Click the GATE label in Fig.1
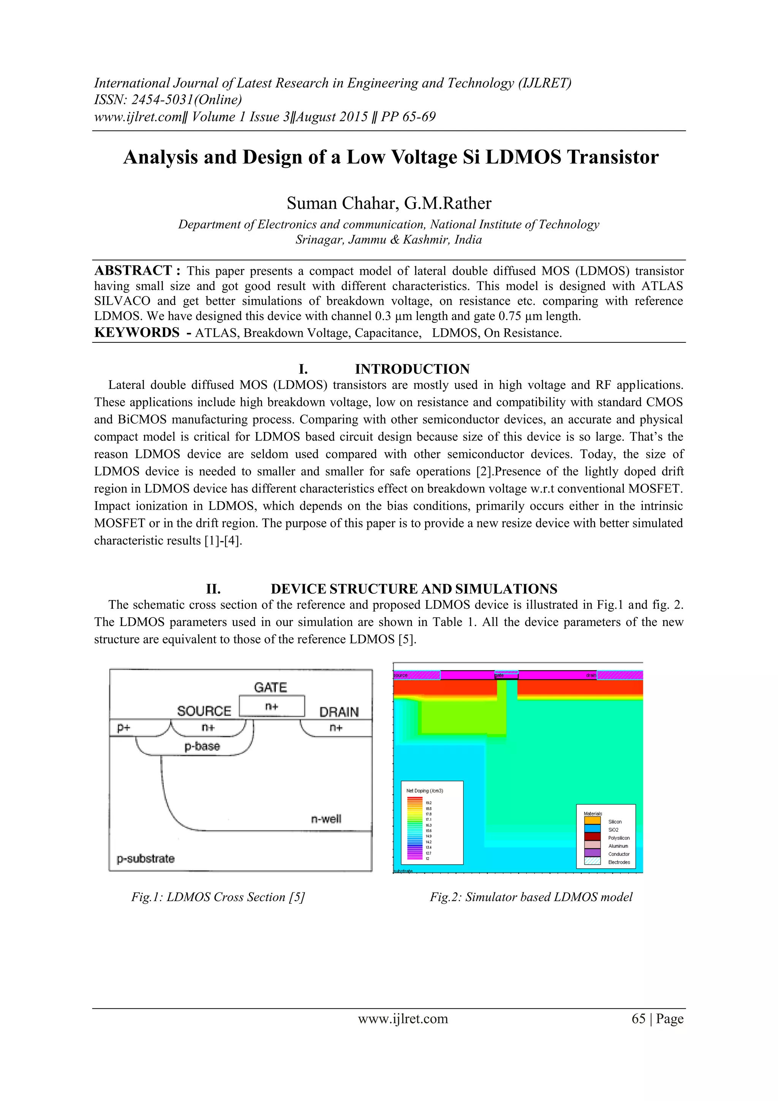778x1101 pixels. (270, 687)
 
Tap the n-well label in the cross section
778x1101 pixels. (326, 819)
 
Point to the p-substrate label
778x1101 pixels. (146, 859)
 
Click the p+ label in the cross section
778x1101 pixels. (124, 727)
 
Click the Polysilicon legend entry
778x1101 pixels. (619, 838)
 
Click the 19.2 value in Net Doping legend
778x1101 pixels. (429, 803)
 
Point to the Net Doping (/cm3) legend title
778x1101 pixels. (425, 791)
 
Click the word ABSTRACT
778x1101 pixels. (133, 271)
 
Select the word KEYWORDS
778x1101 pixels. (137, 332)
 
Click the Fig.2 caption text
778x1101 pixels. (531, 897)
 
